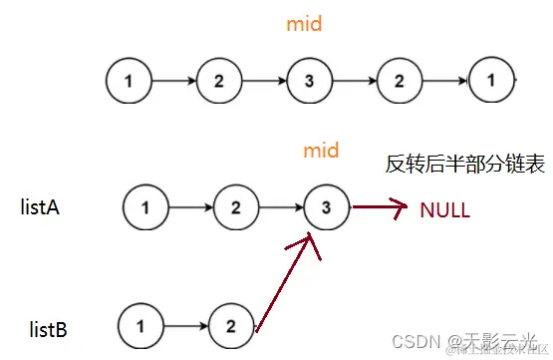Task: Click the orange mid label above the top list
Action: coord(305,23)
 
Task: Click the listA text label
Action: coord(44,207)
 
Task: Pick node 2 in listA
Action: coord(234,207)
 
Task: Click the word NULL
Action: coord(444,210)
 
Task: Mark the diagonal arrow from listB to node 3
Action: coord(289,284)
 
